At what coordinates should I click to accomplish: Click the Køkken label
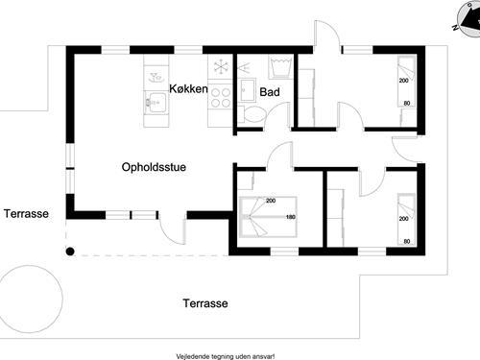coord(189,88)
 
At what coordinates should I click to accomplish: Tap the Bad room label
coord(270,92)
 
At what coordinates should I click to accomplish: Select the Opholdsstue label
coord(154,166)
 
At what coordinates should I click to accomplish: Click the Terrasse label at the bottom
coord(205,303)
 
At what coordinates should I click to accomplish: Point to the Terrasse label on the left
coord(26,214)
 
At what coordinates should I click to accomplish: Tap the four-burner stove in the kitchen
coord(221,97)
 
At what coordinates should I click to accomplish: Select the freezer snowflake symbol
coord(221,68)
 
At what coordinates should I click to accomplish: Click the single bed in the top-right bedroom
coord(405,91)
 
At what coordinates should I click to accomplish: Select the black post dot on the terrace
coord(69,252)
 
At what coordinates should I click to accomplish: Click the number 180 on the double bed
coord(289,217)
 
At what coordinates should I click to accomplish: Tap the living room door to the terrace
coord(172,228)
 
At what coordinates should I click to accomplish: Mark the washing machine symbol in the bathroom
coord(280,68)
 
